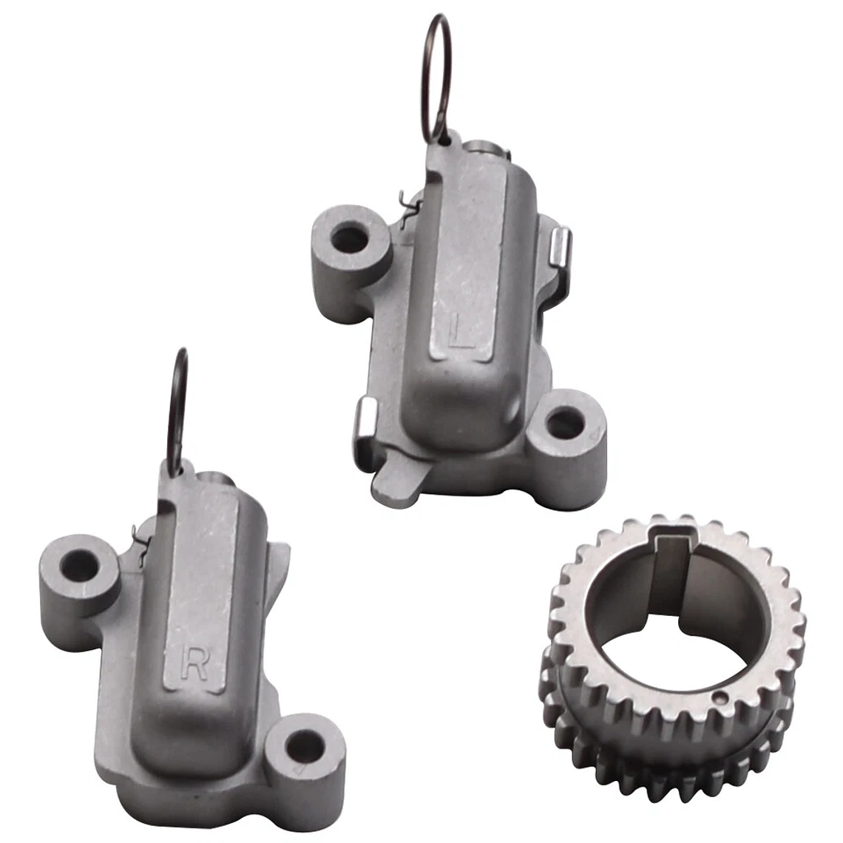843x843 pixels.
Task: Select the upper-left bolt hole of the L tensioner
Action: [x=348, y=237]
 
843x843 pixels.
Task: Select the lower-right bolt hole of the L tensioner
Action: [x=563, y=422]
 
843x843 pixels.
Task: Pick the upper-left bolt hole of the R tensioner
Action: [x=80, y=564]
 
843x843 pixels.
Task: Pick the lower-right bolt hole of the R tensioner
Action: [x=305, y=745]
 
